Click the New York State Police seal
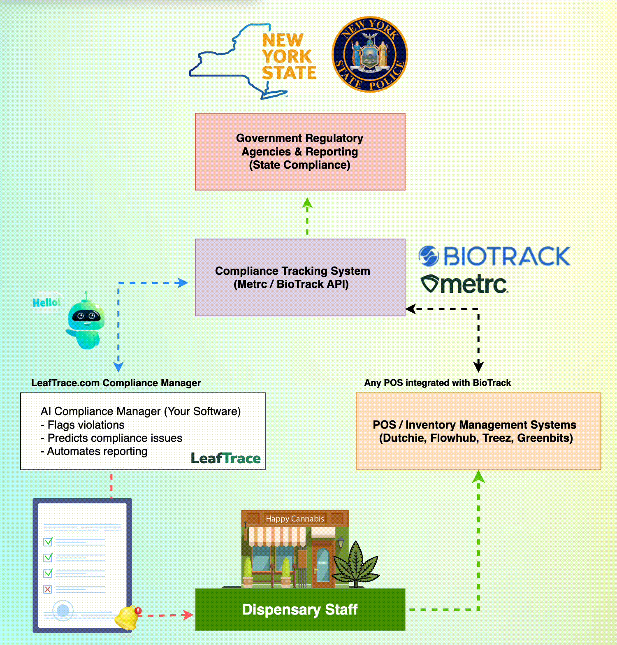369,54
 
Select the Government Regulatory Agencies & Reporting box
300,151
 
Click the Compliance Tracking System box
300,277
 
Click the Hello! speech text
46,303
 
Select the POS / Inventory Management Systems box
478,431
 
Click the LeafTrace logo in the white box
225,458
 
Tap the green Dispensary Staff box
300,609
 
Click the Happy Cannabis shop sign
295,519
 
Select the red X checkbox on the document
48,589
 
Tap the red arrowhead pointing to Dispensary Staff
188,615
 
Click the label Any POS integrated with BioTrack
437,383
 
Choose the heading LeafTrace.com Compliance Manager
116,383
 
